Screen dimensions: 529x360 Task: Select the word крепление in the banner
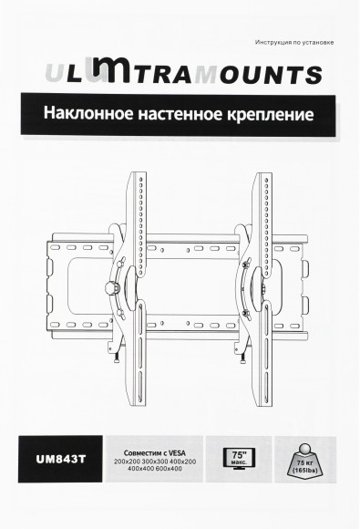pos(272,117)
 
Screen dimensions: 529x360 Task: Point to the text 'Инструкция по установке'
pos(291,43)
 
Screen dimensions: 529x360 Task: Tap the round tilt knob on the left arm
pos(115,287)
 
